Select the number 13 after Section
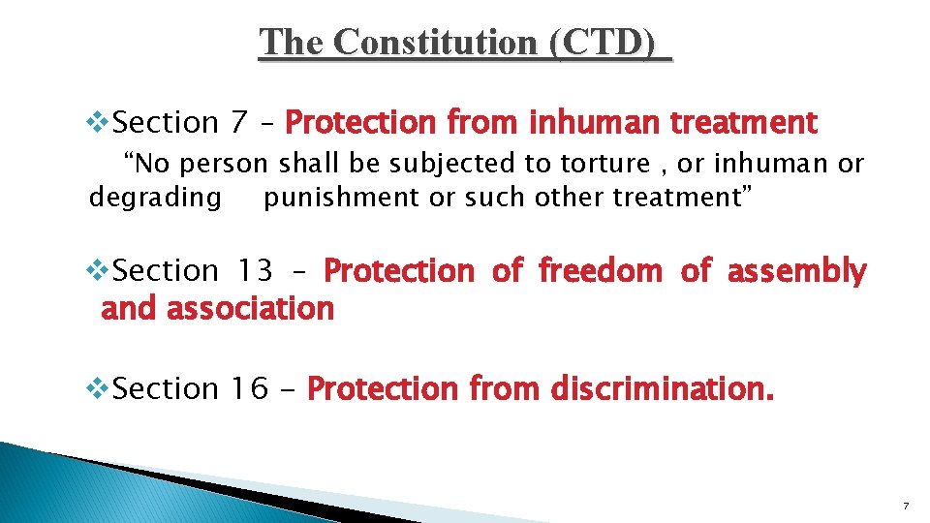(x=256, y=271)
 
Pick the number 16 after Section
(x=248, y=389)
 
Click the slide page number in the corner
(x=905, y=506)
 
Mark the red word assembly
(x=796, y=271)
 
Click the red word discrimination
(x=663, y=389)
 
